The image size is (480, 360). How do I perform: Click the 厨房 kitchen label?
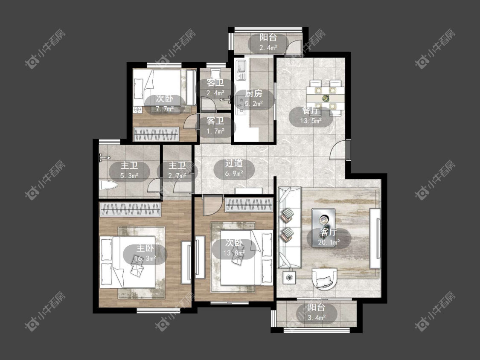point(254,93)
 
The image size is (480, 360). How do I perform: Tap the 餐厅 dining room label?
point(311,110)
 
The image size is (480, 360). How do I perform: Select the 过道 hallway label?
point(234,163)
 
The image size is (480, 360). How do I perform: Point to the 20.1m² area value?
point(329,242)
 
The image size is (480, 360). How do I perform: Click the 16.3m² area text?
point(145,258)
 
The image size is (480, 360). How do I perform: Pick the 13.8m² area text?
point(234,253)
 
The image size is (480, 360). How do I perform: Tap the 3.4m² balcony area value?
point(317,317)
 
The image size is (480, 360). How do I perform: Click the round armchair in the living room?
point(325,279)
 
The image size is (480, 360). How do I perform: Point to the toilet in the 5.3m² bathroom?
point(108,185)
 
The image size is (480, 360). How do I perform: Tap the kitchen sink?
point(241,70)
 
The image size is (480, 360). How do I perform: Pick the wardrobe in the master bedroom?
point(131,210)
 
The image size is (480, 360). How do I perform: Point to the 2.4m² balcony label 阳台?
point(268,38)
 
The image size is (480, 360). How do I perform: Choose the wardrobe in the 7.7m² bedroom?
point(157,134)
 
